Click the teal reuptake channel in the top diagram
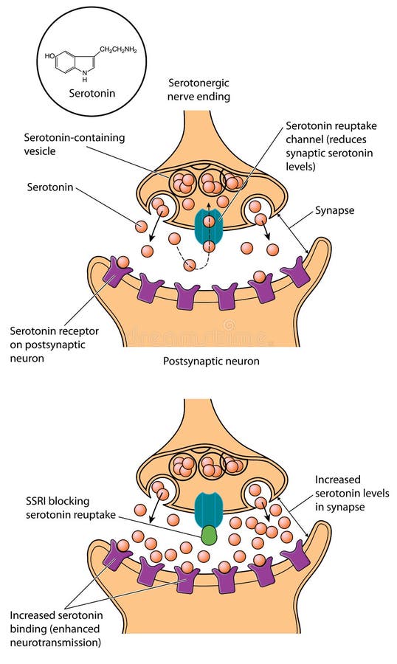tap(209, 226)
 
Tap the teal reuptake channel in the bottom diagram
tap(208, 508)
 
